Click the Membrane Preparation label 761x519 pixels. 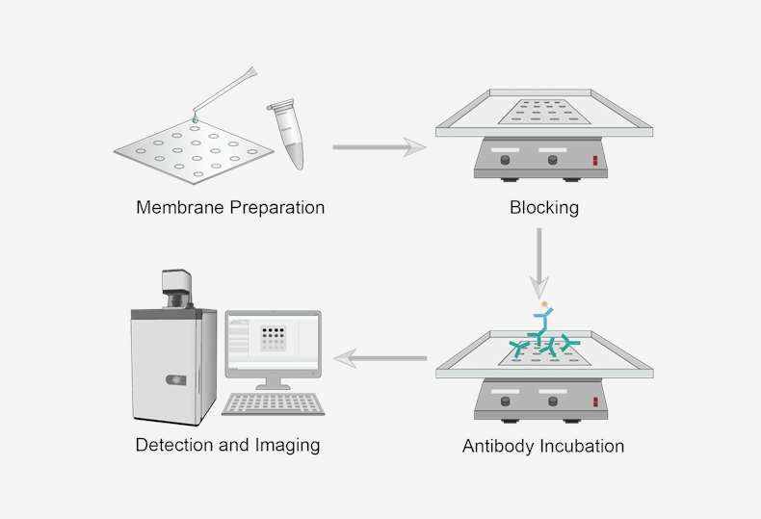[x=230, y=207]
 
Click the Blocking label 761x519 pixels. [x=544, y=207]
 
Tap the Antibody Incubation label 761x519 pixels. [x=543, y=447]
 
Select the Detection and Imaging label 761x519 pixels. [x=227, y=445]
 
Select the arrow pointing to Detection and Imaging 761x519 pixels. [x=380, y=359]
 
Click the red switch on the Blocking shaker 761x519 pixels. [x=596, y=160]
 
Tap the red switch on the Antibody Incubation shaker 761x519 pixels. [x=596, y=401]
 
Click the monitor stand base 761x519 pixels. [x=273, y=386]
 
